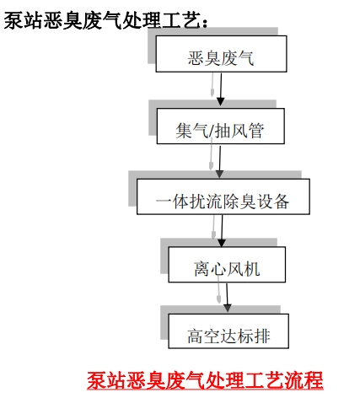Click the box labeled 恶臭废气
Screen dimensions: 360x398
pos(221,54)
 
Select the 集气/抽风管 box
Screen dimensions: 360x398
pos(221,126)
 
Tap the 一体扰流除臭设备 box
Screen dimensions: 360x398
pos(223,196)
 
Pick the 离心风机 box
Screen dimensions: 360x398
pos(227,265)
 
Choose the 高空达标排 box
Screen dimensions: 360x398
pos(228,331)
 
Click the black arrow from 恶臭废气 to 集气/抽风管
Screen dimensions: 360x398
pos(221,89)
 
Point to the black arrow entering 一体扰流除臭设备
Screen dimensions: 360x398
pos(220,162)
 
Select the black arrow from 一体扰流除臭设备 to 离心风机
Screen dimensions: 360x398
pos(222,231)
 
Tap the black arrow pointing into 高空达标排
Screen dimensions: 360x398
pos(227,298)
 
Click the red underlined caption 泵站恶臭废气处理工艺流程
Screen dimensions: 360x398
pos(205,380)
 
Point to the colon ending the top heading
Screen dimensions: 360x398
pos(205,23)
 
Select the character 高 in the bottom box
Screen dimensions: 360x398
pos(195,336)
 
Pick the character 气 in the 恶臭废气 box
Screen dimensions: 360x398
pos(245,58)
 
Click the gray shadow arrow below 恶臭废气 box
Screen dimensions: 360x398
pos(212,85)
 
